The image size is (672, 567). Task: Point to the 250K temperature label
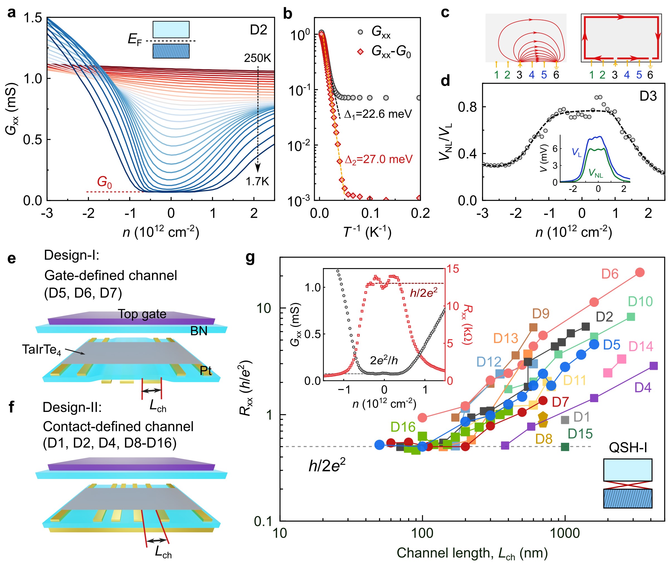pyautogui.click(x=257, y=58)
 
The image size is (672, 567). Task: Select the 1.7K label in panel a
pyautogui.click(x=257, y=182)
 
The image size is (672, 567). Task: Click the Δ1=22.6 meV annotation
pyautogui.click(x=378, y=114)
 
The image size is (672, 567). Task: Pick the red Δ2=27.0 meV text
pyautogui.click(x=378, y=159)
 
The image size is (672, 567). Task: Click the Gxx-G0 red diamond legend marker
pyautogui.click(x=361, y=52)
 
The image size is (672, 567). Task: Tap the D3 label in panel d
pyautogui.click(x=648, y=96)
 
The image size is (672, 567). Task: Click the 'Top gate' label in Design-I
pyautogui.click(x=142, y=314)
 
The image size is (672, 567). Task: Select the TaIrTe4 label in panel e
pyautogui.click(x=42, y=350)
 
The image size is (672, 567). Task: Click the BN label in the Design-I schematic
pyautogui.click(x=199, y=331)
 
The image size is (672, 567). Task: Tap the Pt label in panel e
pyautogui.click(x=205, y=371)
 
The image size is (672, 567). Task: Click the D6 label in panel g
pyautogui.click(x=610, y=274)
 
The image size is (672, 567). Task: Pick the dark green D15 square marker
pyautogui.click(x=565, y=447)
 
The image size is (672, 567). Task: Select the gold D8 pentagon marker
pyautogui.click(x=543, y=419)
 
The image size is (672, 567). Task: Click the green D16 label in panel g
pyautogui.click(x=403, y=427)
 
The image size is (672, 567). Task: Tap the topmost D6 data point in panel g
pyautogui.click(x=640, y=272)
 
